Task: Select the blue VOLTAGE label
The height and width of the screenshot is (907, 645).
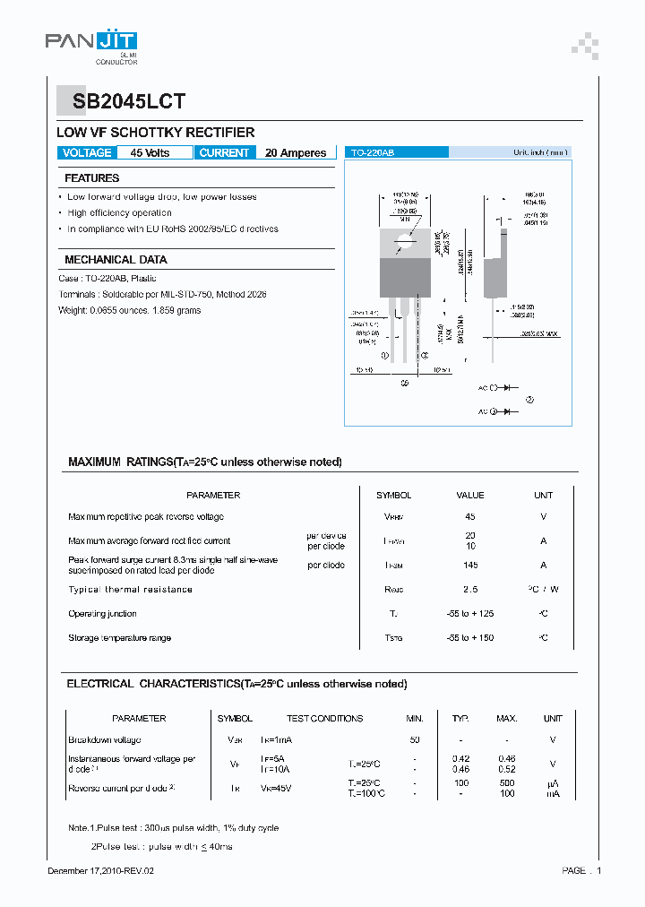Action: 87,153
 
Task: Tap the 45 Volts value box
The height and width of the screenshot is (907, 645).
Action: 150,153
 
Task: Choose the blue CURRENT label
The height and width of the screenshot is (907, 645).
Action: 224,153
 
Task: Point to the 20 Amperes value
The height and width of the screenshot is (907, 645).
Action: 296,153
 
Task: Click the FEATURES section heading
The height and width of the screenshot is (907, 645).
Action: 92,178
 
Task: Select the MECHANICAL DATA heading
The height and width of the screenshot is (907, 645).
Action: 116,260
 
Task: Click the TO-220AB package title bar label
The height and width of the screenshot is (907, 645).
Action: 373,153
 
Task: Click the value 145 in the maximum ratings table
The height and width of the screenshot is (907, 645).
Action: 470,566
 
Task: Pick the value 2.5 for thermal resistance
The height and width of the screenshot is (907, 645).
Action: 470,590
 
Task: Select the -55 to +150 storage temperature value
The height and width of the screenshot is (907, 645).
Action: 470,638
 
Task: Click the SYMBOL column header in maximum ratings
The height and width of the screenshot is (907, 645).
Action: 394,496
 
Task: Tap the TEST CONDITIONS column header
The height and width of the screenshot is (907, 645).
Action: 324,719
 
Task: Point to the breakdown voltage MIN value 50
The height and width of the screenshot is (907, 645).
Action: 415,740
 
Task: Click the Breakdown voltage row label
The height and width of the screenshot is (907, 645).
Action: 105,740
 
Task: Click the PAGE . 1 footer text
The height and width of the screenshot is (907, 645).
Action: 581,871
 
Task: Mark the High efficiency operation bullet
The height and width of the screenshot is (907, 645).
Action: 119,213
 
